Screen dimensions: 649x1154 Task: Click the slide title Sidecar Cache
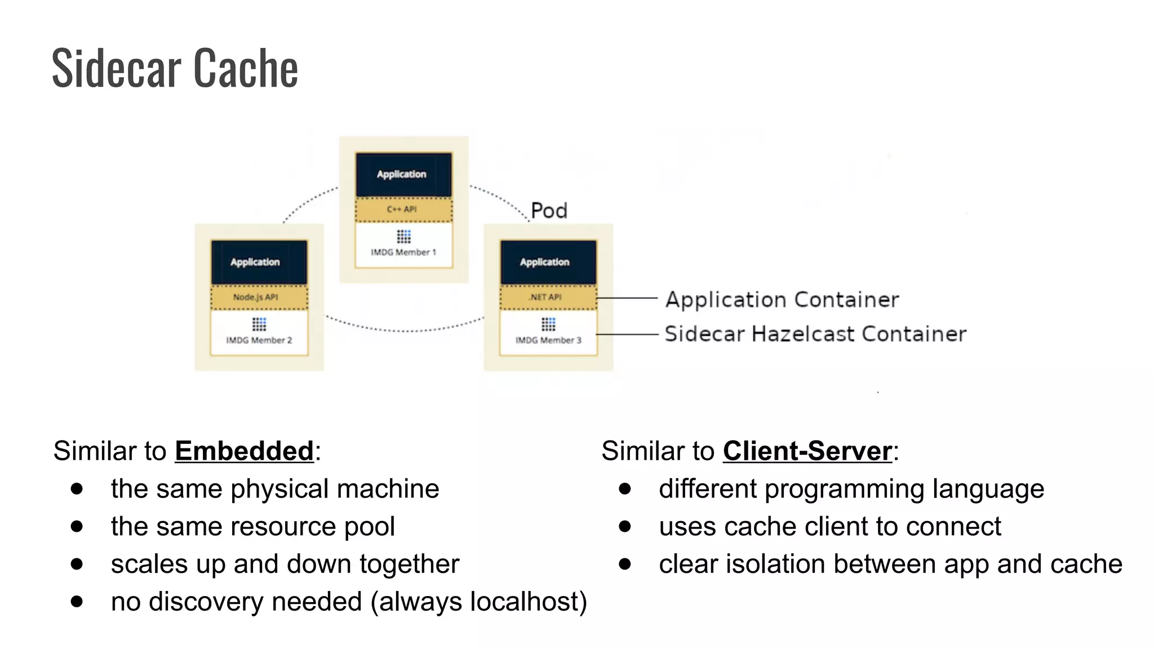(175, 69)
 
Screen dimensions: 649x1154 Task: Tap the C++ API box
(403, 210)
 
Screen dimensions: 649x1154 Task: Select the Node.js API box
(259, 297)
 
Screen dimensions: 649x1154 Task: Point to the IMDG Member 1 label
(403, 252)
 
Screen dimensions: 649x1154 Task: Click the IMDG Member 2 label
(259, 340)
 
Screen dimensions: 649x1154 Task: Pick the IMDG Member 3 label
(548, 340)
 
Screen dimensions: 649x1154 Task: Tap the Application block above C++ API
(403, 174)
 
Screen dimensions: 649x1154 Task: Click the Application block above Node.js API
(259, 262)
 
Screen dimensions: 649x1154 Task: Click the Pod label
(549, 211)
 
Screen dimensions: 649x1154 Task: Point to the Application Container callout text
(782, 300)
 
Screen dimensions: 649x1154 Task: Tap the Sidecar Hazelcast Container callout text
(815, 334)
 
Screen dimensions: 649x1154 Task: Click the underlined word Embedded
(244, 451)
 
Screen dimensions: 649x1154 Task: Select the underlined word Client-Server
(807, 451)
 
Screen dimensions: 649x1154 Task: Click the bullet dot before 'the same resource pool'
(77, 526)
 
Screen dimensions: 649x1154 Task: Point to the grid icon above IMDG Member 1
(403, 236)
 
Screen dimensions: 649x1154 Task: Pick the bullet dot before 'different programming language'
(625, 488)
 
